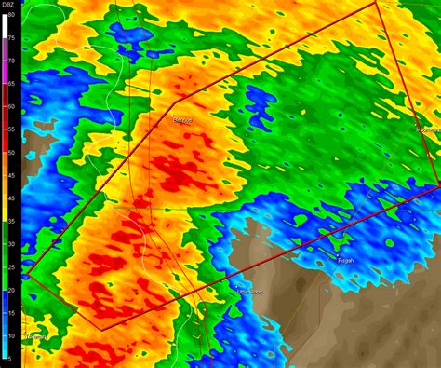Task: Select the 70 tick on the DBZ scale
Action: [x=9, y=61]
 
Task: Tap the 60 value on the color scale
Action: [x=9, y=106]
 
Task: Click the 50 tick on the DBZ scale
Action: [x=9, y=152]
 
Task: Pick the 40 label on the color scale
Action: [x=9, y=198]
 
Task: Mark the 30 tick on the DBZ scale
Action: [x=9, y=244]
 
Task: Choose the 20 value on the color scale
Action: [x=9, y=290]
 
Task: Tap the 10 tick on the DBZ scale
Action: [x=9, y=335]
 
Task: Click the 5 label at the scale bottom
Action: [x=9, y=359]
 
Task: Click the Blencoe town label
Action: [x=182, y=120]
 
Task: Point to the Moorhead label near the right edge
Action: [x=428, y=129]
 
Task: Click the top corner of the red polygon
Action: [x=376, y=3]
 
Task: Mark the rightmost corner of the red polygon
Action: [x=437, y=183]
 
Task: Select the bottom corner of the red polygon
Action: [x=100, y=329]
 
